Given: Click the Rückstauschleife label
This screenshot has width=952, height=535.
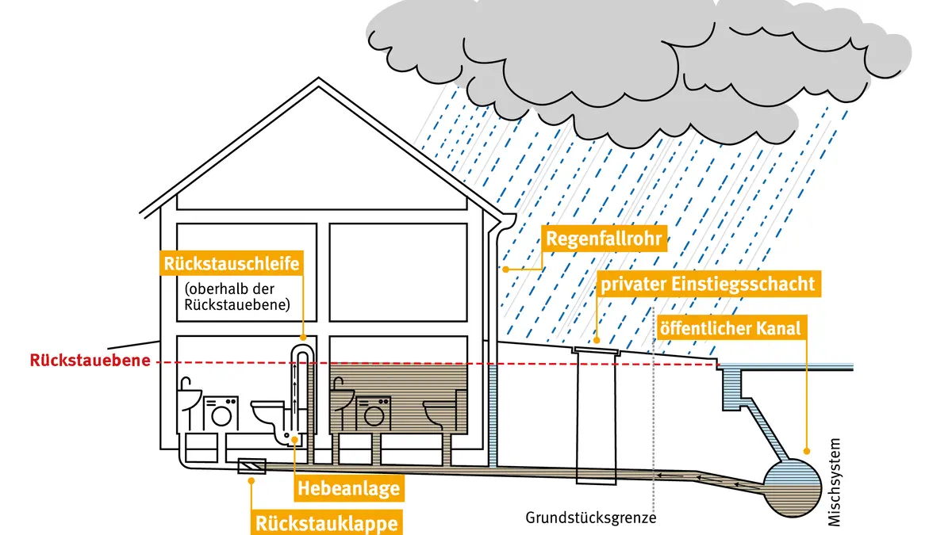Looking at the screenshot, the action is tap(232, 263).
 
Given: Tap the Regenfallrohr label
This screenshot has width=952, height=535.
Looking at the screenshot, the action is tap(604, 239).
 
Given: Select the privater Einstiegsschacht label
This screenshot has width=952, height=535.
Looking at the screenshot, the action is tap(708, 284).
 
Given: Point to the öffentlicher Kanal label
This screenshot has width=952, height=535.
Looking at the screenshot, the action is tap(731, 328).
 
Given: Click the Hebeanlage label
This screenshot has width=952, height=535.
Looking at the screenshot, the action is tap(348, 488).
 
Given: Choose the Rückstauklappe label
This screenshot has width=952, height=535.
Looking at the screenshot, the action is tap(326, 523).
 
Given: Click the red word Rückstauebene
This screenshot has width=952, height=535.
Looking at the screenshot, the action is tap(90, 361).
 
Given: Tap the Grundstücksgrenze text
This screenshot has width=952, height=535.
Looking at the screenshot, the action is tap(591, 518).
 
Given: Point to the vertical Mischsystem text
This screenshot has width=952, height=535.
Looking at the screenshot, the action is tap(835, 482).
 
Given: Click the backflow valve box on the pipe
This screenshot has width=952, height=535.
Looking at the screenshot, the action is tap(251, 466).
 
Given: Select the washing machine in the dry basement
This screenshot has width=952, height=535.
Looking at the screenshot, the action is tap(221, 414).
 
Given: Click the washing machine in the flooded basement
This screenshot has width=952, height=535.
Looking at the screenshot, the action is tap(373, 414).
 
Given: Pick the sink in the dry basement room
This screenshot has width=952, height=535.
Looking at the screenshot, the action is tap(189, 398).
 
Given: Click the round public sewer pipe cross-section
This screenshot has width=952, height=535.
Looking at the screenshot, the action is tap(793, 488).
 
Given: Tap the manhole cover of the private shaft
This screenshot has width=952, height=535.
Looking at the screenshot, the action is tap(596, 350).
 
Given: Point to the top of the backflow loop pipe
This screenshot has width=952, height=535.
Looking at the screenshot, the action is tap(303, 346).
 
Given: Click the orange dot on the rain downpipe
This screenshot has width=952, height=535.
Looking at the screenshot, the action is tap(505, 269).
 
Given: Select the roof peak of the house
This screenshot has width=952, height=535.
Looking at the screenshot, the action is tap(319, 78).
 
